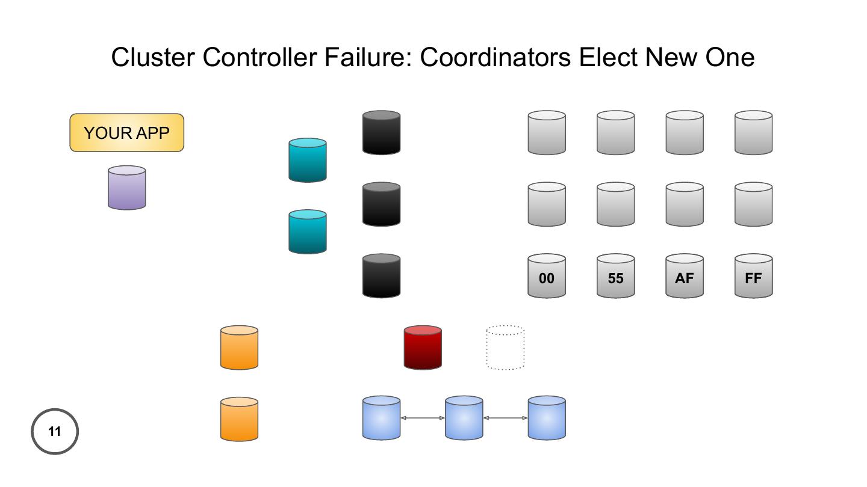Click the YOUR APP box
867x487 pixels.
[126, 133]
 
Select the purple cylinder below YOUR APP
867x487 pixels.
[126, 188]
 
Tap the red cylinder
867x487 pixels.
[423, 348]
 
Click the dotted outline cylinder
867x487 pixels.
[505, 348]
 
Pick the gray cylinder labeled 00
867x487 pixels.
[547, 276]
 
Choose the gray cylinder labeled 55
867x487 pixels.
[615, 276]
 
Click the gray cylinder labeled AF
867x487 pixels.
[685, 276]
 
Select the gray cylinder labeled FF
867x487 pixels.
[753, 276]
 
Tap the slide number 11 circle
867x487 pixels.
[55, 431]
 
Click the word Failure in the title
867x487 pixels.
[368, 58]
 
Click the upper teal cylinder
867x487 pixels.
[308, 160]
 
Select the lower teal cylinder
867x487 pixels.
[308, 231]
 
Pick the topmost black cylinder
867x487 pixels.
[381, 132]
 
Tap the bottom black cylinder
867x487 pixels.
[381, 276]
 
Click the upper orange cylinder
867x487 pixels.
[239, 348]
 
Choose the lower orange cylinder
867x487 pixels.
[239, 419]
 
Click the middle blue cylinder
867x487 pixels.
[464, 418]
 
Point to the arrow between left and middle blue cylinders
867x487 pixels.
[423, 418]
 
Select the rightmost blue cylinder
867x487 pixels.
[547, 418]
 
